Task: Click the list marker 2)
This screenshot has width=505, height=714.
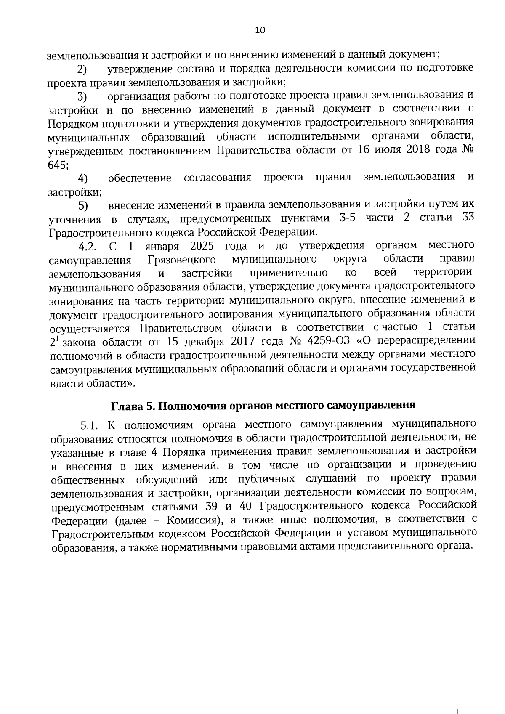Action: [82, 69]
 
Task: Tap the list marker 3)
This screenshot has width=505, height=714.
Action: [82, 97]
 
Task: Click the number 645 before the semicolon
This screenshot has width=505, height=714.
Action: [57, 165]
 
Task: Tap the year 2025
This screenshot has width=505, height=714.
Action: [202, 246]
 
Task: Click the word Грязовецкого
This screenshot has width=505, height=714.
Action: [182, 260]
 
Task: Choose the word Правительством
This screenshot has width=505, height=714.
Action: [181, 328]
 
